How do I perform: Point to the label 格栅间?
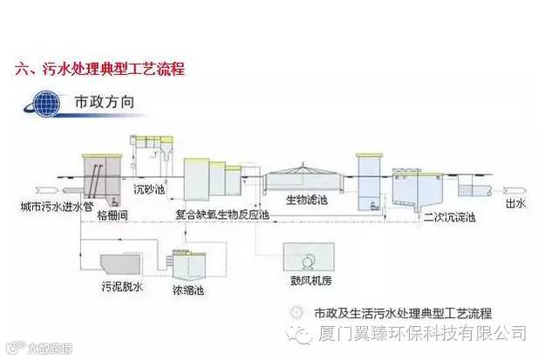[x=113, y=214]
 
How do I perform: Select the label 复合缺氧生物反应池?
[x=222, y=212]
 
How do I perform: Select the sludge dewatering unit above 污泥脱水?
[x=118, y=262]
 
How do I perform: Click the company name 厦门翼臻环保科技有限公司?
[x=422, y=332]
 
